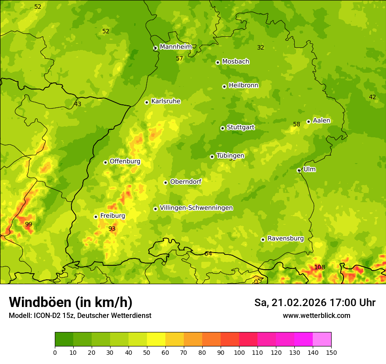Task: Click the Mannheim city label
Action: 175,46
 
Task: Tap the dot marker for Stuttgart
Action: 222,128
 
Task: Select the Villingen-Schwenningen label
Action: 196,208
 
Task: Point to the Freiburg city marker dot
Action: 96,217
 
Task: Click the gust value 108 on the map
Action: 320,267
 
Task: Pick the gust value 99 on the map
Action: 29,224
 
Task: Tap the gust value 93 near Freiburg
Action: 112,228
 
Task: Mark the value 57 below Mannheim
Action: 179,58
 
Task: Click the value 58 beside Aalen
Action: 297,124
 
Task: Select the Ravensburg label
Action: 286,239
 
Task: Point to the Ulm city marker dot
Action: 299,170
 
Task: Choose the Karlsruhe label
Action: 166,101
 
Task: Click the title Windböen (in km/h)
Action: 70,302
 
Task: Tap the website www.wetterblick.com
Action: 316,315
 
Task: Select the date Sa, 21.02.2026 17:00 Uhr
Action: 315,303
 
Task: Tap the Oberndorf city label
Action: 186,182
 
